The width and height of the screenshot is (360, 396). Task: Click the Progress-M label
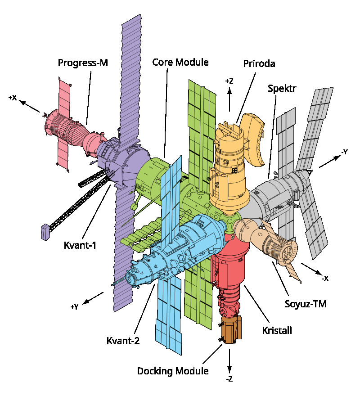83,63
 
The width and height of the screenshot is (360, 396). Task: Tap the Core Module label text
180,62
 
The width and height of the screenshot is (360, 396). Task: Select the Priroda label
259,63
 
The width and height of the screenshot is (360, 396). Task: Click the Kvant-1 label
81,246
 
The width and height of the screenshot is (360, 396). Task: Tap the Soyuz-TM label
306,304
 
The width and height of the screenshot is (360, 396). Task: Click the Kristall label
277,331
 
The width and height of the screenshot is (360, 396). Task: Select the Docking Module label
173,371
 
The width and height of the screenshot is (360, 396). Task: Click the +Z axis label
229,81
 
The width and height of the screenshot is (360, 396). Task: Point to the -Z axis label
229,379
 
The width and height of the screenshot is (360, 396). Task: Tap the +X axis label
13,97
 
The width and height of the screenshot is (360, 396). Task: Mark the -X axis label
324,279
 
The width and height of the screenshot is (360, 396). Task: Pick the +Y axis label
74,307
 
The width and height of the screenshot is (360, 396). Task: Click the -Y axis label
344,152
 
